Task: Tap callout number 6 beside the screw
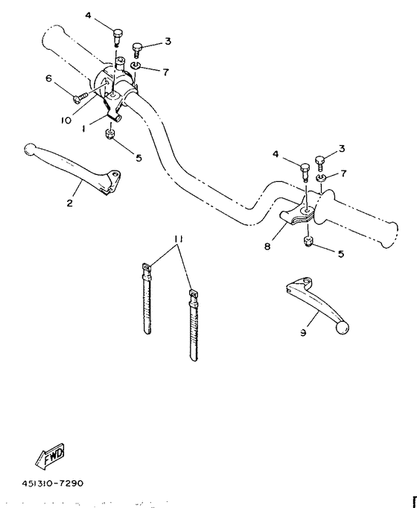click(x=49, y=78)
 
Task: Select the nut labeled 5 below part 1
click(x=110, y=135)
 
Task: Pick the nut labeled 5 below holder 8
click(x=308, y=241)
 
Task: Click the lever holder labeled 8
click(x=299, y=215)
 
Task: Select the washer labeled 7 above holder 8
click(x=319, y=180)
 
